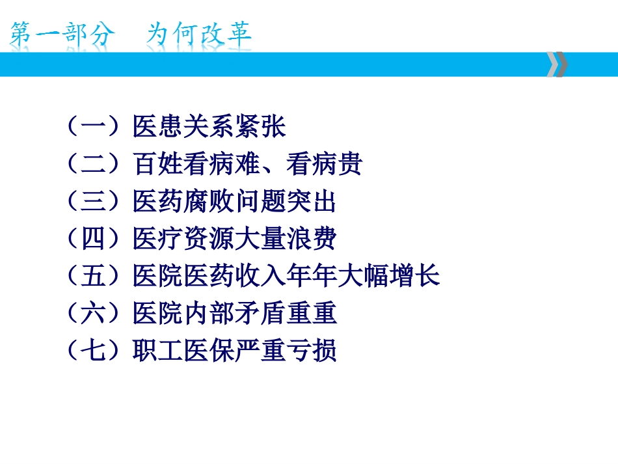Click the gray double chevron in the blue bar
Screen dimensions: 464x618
557,64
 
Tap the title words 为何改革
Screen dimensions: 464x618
199,34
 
